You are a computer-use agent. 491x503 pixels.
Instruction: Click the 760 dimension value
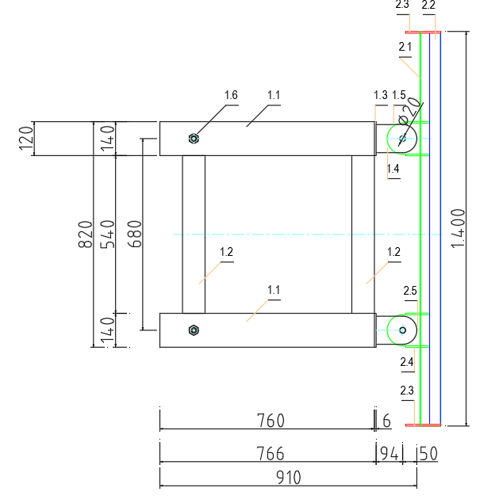(x=267, y=420)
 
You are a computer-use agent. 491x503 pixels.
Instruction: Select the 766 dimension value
(x=267, y=454)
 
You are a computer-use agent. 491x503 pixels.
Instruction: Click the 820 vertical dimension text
(x=86, y=234)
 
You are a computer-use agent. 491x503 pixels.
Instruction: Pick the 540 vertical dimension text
(x=109, y=234)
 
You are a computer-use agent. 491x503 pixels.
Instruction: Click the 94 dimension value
(x=389, y=454)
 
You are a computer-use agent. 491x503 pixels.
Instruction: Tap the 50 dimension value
(x=429, y=454)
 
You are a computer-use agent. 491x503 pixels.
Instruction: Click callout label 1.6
(x=231, y=96)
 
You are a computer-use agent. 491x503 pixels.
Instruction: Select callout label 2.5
(x=409, y=292)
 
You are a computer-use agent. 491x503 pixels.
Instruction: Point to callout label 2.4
(x=407, y=362)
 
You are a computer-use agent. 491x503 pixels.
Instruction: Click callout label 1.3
(x=381, y=95)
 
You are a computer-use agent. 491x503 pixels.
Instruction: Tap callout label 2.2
(x=428, y=6)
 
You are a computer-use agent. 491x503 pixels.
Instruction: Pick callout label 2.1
(x=405, y=47)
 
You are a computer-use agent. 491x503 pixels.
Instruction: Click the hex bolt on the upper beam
(x=194, y=139)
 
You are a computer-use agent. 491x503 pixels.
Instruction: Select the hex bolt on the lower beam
(x=194, y=330)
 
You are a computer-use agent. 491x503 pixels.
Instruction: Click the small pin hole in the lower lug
(x=403, y=330)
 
